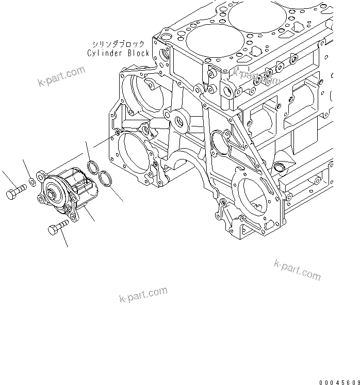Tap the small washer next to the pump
coord(32,181)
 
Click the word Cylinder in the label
coord(104,53)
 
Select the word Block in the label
coord(137,53)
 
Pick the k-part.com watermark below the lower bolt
coord(143,296)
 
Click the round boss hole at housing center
coord(180,122)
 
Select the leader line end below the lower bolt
coord(68,246)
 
